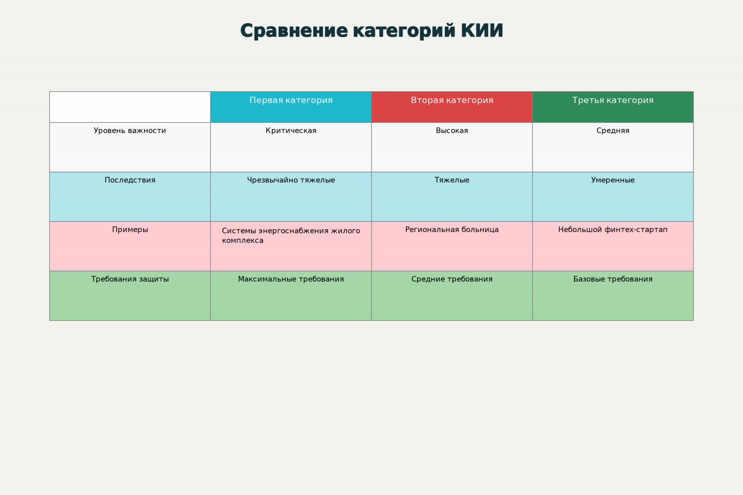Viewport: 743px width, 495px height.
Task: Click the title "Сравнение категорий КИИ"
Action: tap(371, 31)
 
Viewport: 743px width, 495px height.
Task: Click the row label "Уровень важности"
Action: tap(130, 130)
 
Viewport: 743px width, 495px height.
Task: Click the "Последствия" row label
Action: tap(130, 180)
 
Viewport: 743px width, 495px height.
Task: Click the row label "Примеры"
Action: tap(130, 230)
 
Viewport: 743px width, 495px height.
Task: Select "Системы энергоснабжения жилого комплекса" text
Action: tap(291, 236)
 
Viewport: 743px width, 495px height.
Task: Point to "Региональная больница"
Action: tap(452, 230)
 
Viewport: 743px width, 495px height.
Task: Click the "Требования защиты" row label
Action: tap(130, 279)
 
